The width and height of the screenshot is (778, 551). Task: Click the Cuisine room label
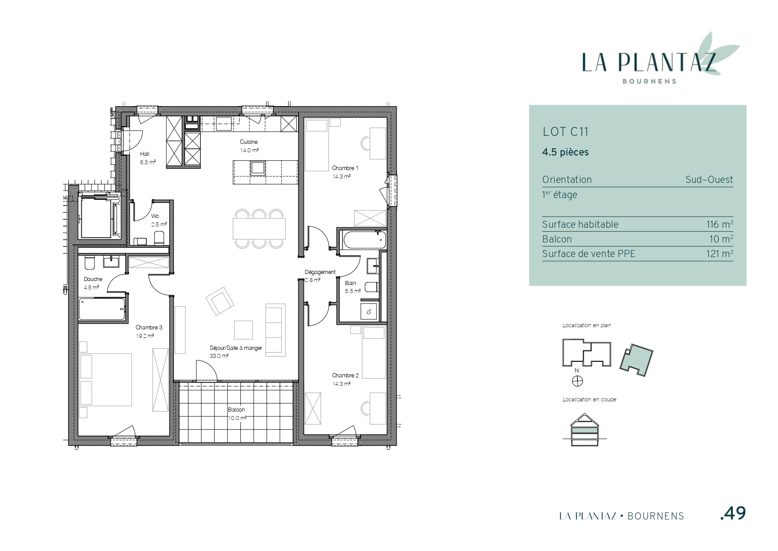(x=248, y=142)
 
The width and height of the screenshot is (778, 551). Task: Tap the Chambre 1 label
(x=345, y=168)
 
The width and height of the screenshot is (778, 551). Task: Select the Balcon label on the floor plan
(x=236, y=410)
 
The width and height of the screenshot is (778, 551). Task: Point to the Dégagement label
(x=320, y=272)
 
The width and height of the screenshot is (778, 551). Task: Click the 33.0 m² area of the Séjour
(x=219, y=356)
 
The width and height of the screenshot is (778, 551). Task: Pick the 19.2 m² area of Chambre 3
(x=145, y=336)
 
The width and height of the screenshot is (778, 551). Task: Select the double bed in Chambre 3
(x=106, y=380)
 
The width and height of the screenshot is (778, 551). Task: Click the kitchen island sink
(x=258, y=168)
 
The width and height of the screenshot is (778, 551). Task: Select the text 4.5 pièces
(x=566, y=152)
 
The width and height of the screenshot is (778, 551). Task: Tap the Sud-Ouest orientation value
(x=709, y=180)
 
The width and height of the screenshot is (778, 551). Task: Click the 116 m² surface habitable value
(x=719, y=224)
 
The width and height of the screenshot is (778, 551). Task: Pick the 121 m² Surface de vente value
(x=719, y=254)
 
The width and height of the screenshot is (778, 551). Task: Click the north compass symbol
(x=577, y=381)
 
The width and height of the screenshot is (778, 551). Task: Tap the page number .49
(x=733, y=513)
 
